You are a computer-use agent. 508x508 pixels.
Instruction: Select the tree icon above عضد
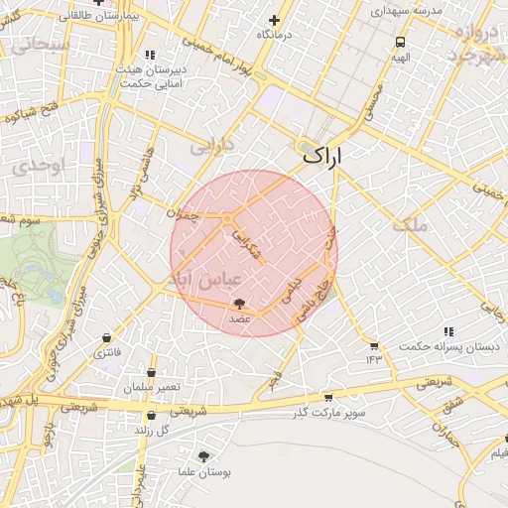(x=239, y=305)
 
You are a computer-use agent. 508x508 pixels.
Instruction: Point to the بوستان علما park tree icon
(x=203, y=456)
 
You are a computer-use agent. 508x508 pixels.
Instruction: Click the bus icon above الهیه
(x=400, y=43)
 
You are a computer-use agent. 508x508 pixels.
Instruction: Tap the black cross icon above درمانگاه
(x=274, y=20)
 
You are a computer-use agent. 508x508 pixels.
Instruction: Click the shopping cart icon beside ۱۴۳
(x=373, y=345)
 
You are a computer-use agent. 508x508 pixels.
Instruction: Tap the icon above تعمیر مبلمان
(x=151, y=373)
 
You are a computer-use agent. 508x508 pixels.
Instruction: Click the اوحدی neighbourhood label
(x=43, y=165)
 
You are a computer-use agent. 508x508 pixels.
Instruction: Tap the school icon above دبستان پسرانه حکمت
(x=448, y=331)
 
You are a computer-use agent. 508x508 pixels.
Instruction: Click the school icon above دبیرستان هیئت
(x=150, y=55)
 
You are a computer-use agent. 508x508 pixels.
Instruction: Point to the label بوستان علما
(x=203, y=473)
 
